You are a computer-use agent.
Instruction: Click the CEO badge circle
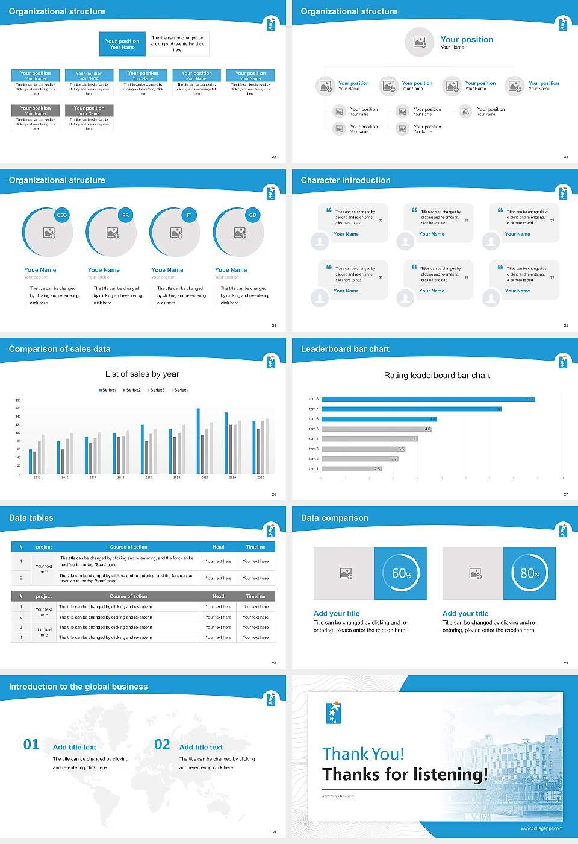62,215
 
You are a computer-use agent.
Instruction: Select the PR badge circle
125,215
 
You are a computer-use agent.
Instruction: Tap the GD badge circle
253,215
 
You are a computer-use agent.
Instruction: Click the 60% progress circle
401,573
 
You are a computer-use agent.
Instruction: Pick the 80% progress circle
529,573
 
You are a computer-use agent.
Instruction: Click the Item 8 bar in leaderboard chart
427,399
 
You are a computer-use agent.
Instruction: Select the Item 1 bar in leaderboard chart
351,468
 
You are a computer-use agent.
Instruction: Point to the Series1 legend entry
108,390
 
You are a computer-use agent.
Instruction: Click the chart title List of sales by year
142,374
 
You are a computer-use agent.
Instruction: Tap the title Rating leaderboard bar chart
437,375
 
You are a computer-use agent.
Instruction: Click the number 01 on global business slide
31,745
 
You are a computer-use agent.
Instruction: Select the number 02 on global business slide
162,745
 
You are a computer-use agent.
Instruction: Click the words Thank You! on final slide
363,754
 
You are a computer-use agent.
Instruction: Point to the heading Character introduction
346,180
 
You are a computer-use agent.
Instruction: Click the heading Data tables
31,518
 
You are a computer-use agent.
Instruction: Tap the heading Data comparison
335,518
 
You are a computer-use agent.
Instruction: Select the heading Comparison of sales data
60,349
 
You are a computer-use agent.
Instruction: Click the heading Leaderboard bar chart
345,349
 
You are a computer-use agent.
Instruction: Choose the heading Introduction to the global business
78,687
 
